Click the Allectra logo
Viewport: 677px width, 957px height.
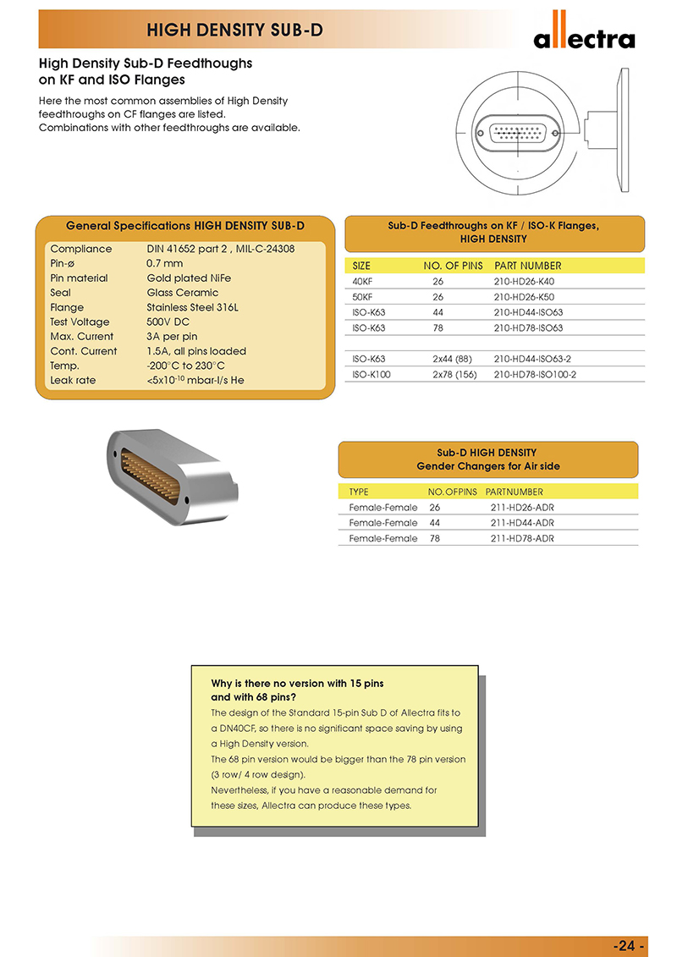583,33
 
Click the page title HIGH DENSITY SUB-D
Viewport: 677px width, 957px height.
234,31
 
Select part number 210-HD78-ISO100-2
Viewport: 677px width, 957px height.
535,374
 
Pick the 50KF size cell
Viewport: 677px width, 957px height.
364,297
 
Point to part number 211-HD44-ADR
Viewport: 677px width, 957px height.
522,523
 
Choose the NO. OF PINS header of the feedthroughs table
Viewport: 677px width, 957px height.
453,266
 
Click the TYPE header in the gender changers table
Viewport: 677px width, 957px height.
359,492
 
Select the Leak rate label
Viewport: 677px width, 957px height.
73,380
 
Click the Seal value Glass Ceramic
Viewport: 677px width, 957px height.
182,293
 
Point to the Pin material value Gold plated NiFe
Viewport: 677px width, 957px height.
188,278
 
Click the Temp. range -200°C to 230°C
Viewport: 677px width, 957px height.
185,366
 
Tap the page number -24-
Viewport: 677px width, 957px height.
629,945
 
